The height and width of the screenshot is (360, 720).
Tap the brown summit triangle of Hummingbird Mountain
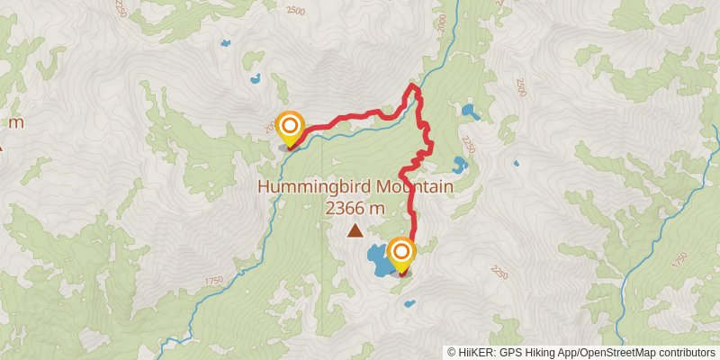[356, 231]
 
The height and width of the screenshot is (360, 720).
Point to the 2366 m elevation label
[355, 208]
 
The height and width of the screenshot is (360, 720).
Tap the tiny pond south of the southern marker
[408, 302]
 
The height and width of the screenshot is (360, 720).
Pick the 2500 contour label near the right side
[521, 87]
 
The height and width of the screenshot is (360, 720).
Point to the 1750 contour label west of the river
[212, 282]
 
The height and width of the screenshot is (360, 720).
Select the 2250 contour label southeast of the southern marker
[500, 271]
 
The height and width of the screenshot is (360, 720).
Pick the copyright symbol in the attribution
[452, 352]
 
